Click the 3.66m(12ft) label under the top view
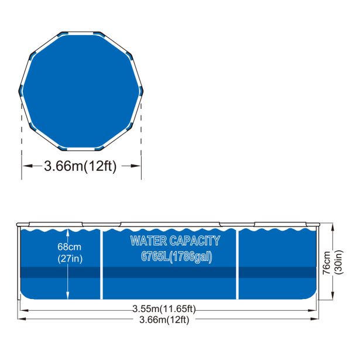pos(80,166)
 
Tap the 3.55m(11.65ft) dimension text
pos(164,308)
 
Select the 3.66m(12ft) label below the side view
pos(164,320)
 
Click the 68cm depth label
pos(69,247)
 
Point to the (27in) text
pos(70,259)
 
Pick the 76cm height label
pos(327,263)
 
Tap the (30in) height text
pos(339,262)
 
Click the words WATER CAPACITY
pos(175,241)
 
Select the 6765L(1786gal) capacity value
pos(176,257)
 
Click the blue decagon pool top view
pos(81,91)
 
